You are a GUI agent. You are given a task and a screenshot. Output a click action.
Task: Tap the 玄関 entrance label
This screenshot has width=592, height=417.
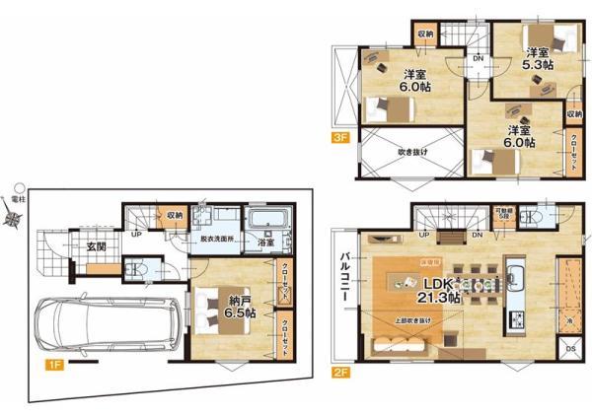click(x=95, y=246)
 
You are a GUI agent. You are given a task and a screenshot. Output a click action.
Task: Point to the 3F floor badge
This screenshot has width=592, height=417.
click(x=340, y=140)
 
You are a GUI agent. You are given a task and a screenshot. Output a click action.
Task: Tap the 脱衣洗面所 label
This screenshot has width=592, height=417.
click(x=219, y=240)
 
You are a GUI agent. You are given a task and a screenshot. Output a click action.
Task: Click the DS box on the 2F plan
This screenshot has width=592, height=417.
click(x=570, y=349)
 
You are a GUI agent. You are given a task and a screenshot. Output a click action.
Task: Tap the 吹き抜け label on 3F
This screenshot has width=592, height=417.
click(x=411, y=153)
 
